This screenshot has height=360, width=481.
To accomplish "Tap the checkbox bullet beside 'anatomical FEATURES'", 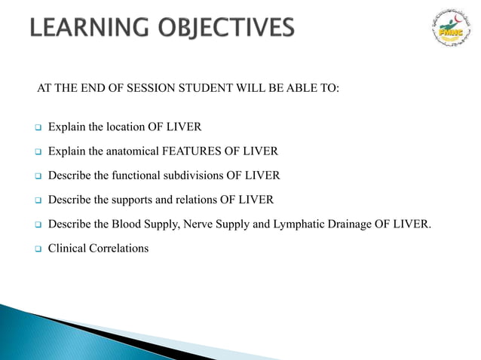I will coord(35,152).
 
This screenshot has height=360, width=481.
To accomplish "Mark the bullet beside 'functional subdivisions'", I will coord(35,176).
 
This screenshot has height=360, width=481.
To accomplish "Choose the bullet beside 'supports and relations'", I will coord(35,200).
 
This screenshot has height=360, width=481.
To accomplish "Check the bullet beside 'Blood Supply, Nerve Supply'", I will coord(35,224).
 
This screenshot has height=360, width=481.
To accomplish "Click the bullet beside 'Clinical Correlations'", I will coord(35,249).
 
